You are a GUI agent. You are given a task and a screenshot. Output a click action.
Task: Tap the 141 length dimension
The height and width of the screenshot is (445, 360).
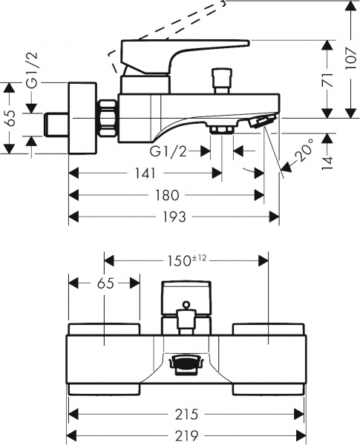(145, 174)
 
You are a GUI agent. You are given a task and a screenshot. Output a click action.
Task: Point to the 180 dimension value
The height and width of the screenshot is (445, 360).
(167, 195)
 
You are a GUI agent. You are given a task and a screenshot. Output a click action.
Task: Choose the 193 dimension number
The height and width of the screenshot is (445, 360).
(174, 217)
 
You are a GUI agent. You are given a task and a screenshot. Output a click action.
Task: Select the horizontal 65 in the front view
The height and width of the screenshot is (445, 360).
(104, 283)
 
